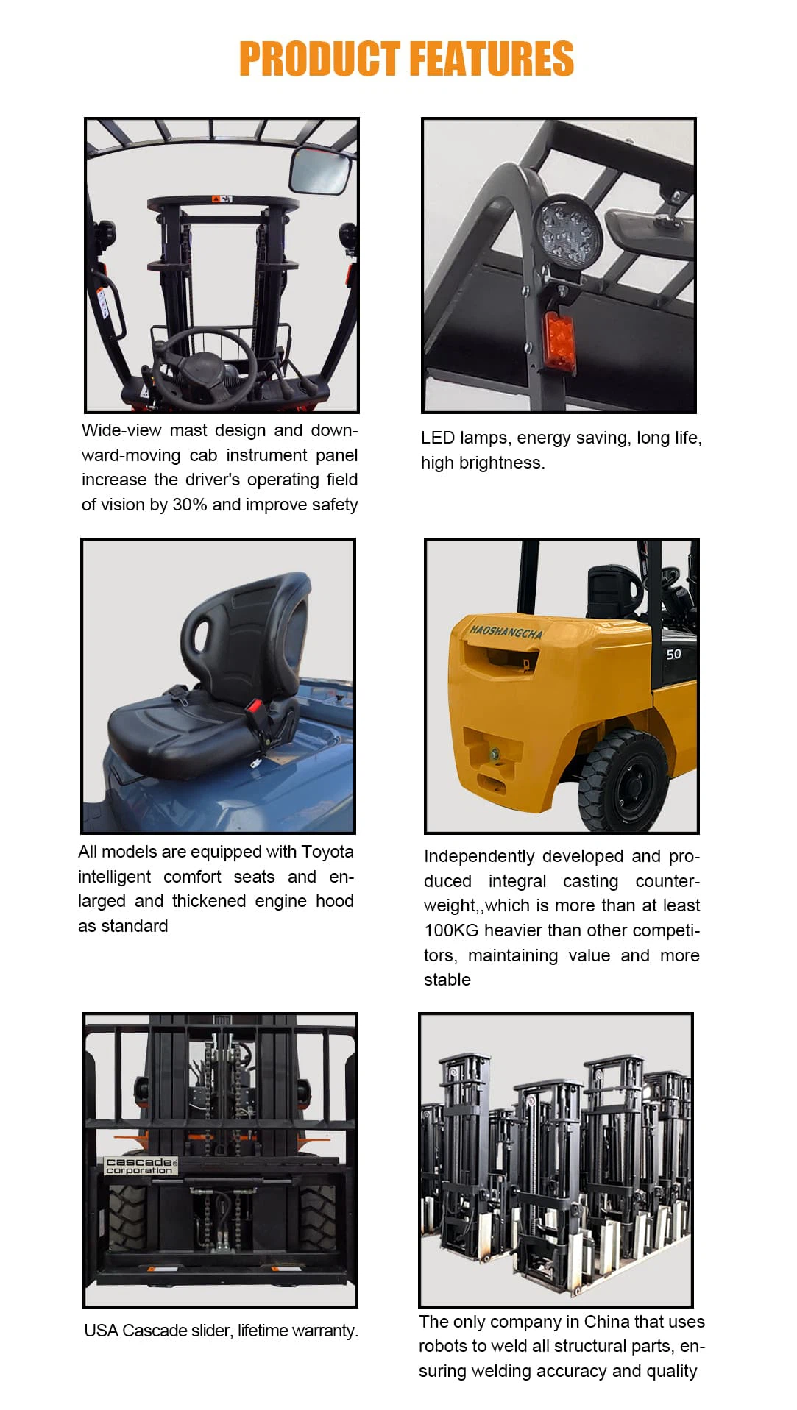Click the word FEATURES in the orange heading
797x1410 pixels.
point(491,59)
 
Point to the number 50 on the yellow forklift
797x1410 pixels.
point(673,654)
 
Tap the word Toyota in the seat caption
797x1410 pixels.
point(327,852)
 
